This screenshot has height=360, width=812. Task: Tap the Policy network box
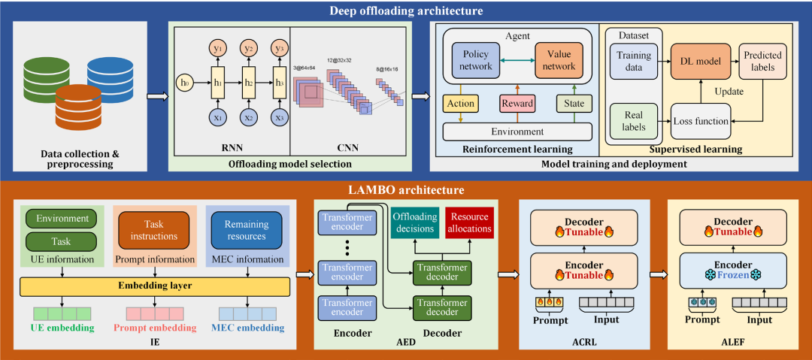click(x=476, y=60)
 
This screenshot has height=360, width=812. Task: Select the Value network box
click(x=560, y=60)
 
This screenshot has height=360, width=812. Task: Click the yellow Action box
click(x=459, y=102)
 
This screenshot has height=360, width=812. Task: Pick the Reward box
click(x=518, y=102)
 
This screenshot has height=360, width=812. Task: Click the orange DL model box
click(x=701, y=60)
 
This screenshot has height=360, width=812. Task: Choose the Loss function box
click(x=701, y=120)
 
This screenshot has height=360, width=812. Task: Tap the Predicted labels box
click(x=762, y=61)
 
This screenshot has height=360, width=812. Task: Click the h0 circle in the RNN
click(x=184, y=82)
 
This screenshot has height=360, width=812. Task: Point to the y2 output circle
click(x=247, y=48)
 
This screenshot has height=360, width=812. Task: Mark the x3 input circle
click(x=280, y=117)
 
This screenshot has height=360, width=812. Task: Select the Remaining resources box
click(x=246, y=229)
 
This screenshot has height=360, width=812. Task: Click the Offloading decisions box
click(x=414, y=222)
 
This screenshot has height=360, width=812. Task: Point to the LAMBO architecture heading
click(x=406, y=190)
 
